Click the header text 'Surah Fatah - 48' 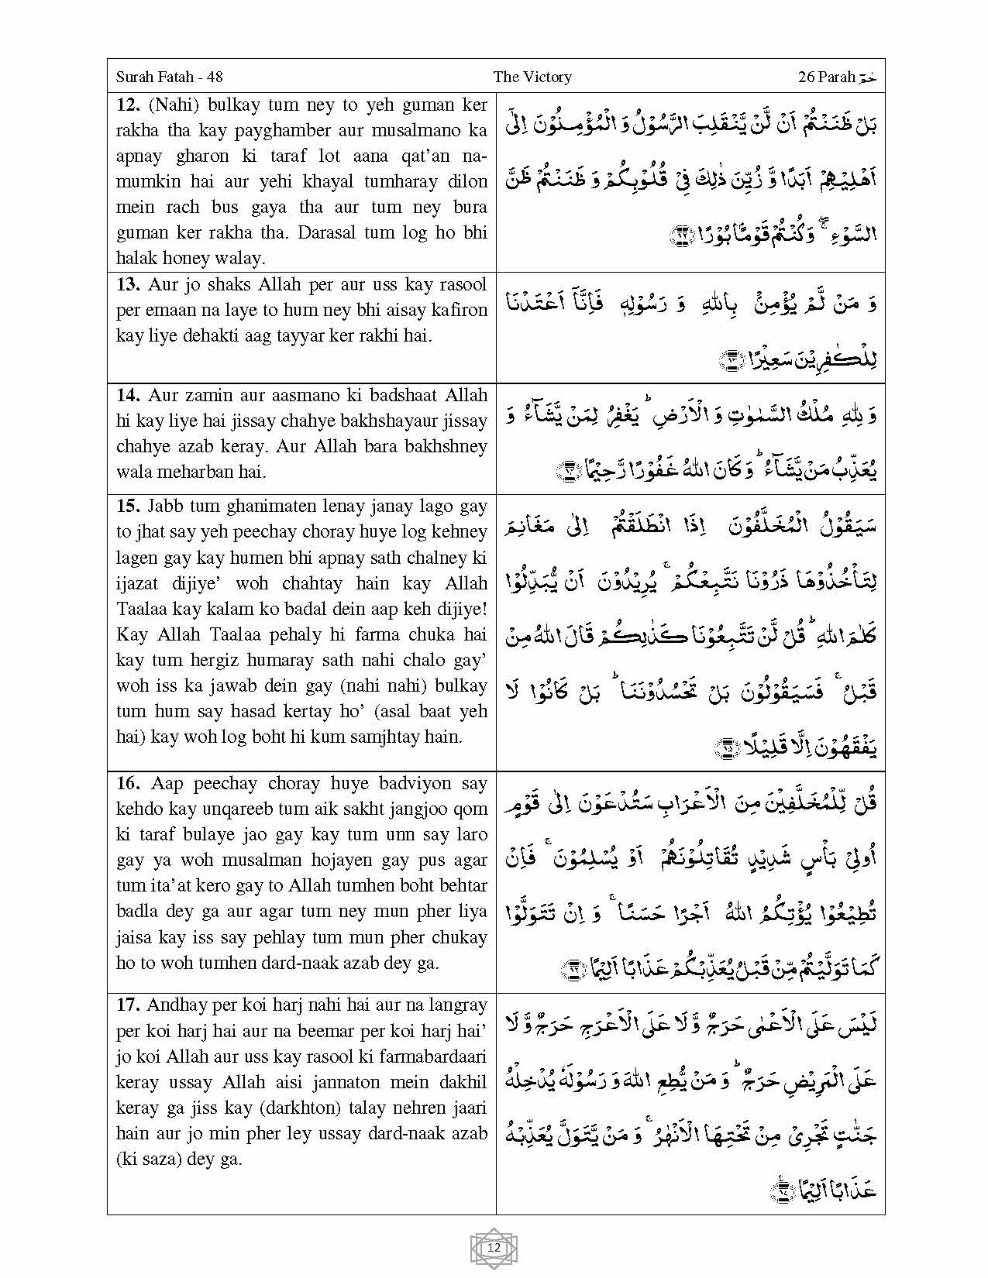(169, 77)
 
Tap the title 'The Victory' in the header (532, 77)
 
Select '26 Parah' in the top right (826, 77)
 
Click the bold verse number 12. (126, 105)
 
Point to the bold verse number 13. (127, 285)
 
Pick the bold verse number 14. (127, 396)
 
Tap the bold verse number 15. (127, 507)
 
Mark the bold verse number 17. (127, 1005)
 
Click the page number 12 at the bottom (494, 1248)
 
